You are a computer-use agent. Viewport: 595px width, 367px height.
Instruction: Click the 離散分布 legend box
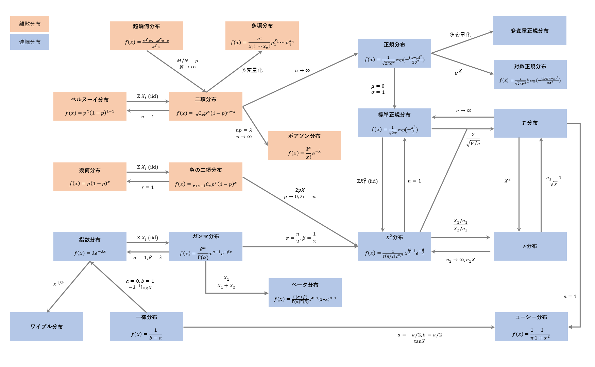point(30,24)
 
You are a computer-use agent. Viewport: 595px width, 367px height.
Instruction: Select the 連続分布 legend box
point(30,42)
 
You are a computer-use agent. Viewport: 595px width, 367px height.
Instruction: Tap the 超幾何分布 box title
point(146,26)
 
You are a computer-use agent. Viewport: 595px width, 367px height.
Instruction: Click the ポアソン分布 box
point(304,145)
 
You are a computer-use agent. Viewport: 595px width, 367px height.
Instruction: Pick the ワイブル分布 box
point(47,327)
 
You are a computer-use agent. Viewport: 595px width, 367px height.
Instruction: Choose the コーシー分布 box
point(531,327)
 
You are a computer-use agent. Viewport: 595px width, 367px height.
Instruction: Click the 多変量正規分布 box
point(530,31)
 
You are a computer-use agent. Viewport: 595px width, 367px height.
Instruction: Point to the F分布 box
point(530,246)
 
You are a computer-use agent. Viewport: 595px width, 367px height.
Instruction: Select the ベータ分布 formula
point(305,299)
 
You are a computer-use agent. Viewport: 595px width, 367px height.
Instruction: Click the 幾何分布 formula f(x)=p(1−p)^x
point(90,183)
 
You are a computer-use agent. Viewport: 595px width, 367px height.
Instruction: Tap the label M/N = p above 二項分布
point(187,60)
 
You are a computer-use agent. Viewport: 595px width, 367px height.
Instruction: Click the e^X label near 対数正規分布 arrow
point(458,72)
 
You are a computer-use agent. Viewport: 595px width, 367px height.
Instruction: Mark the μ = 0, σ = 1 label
point(378,89)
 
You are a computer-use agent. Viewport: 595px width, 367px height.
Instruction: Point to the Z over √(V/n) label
point(473,140)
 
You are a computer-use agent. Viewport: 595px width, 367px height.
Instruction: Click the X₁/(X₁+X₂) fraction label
point(226,282)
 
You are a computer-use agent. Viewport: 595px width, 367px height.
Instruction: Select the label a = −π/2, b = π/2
point(420,335)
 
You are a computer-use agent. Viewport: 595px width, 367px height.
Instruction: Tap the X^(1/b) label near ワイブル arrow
point(58,284)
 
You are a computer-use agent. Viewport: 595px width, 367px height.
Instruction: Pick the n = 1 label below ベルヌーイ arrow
point(148,117)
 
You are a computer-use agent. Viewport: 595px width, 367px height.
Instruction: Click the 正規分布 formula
point(394,60)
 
